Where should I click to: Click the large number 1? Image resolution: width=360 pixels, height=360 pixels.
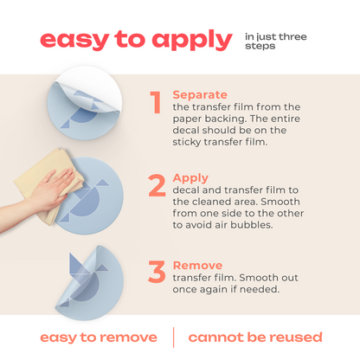156,102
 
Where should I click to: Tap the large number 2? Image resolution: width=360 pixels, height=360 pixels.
157,186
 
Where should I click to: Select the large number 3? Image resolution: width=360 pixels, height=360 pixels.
157,271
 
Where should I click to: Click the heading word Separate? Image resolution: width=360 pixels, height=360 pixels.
200,93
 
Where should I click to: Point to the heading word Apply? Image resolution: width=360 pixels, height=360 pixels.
190,177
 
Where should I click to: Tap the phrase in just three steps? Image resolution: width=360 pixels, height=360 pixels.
275,41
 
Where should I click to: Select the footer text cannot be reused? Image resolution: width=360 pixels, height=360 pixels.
255,337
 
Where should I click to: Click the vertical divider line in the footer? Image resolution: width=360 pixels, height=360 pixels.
173,337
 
